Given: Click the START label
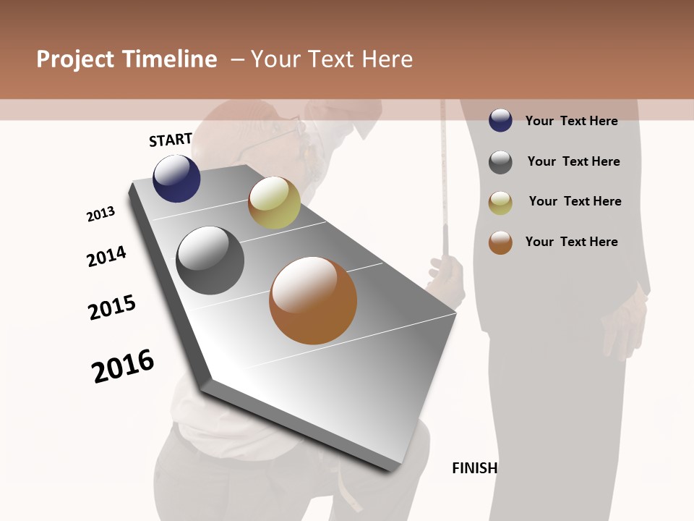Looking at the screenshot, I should point(171,140).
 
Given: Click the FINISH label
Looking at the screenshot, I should point(474,468).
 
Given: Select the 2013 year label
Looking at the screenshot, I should point(101,214).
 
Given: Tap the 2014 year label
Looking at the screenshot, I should point(107,256).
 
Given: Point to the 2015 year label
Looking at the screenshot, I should point(112,308).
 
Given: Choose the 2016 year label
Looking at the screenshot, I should point(123,365).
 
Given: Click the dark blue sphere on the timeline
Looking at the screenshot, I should point(176,179).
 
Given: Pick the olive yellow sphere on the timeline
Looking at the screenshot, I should point(274,203).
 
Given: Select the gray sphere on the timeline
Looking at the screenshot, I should point(210,260).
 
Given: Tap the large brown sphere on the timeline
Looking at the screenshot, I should point(313,300).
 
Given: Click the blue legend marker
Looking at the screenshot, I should point(500,121).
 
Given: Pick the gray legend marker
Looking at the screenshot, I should point(500,162).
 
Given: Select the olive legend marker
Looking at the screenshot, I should point(500,203).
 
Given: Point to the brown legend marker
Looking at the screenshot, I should point(500,242).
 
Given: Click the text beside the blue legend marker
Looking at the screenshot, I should point(571,121).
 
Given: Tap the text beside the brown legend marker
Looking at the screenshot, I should point(571,242).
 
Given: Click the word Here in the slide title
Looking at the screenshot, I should point(387,59).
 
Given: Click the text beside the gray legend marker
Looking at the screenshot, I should point(573,161).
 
